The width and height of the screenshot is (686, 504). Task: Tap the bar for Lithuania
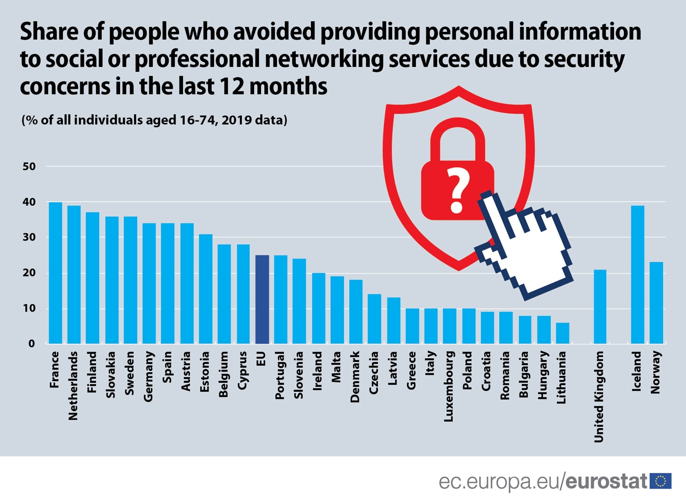coord(563,333)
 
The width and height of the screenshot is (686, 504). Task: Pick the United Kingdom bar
coord(600,307)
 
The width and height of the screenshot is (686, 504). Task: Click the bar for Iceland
coord(638,274)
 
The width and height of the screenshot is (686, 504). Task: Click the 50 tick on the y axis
coord(29,166)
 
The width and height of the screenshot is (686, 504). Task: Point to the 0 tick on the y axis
coord(31,344)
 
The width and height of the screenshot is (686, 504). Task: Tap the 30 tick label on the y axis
coord(29,237)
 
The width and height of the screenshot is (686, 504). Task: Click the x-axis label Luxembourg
coord(449,386)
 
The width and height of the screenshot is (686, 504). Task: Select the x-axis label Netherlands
coord(73,386)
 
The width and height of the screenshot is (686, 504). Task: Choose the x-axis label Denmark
coord(355,377)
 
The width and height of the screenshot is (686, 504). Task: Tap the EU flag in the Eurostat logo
coord(661,481)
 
